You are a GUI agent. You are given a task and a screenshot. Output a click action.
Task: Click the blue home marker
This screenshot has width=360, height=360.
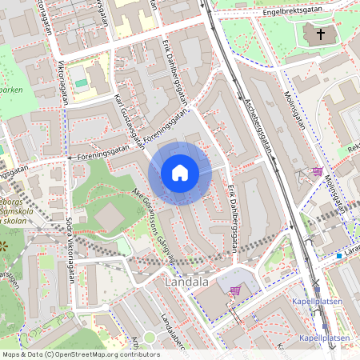pos(179,173)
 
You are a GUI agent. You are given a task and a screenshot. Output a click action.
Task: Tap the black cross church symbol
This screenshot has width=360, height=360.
pos(321,34)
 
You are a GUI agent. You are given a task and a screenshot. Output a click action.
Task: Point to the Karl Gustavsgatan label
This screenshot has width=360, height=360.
pos(129,121)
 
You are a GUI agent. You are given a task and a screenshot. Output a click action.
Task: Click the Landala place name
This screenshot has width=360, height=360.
pos(186,282)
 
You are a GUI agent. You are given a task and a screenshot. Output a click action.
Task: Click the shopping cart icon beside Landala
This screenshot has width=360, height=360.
pos(235,290)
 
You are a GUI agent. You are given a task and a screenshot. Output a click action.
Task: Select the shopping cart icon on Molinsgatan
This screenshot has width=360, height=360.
pos(318,170)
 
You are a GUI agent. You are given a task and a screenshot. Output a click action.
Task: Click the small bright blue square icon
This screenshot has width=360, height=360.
pos(339,256)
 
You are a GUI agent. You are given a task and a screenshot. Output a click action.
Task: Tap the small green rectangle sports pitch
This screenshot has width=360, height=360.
pos(80,82)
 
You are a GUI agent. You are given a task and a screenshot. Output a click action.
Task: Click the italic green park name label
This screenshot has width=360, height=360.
pos(24,90)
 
